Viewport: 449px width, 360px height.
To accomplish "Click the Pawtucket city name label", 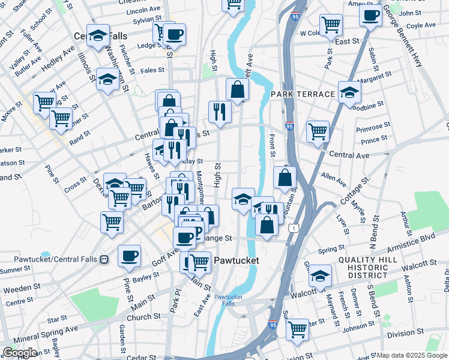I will click(x=237, y=260).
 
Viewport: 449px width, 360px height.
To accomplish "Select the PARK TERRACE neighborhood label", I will click(x=303, y=95).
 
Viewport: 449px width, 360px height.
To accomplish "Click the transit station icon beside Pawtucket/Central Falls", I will click(x=104, y=260).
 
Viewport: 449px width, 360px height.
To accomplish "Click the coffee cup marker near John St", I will click(x=370, y=15).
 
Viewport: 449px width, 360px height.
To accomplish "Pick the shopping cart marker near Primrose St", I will click(x=318, y=131).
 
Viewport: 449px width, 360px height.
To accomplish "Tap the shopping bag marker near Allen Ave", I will click(x=285, y=178).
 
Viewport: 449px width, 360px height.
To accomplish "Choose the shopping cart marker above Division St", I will click(x=297, y=329).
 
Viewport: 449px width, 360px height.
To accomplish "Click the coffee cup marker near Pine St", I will click(x=129, y=256).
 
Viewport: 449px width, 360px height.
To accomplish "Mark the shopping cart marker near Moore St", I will click(x=44, y=103).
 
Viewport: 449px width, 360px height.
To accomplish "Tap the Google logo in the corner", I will click(x=20, y=352).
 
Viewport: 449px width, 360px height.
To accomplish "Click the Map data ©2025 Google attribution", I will click(x=411, y=355).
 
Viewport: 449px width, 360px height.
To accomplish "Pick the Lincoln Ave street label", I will click(x=143, y=10).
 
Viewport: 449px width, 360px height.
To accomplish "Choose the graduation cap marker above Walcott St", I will click(x=320, y=276).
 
